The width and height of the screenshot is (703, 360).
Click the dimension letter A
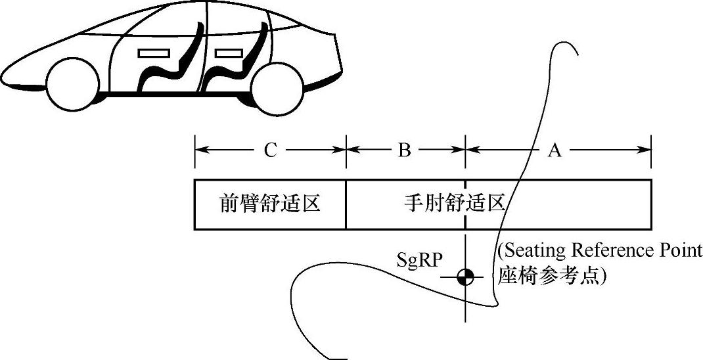(555, 150)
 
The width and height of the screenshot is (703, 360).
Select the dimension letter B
(405, 150)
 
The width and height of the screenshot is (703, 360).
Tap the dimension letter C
(269, 150)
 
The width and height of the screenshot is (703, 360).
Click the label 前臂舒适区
(269, 204)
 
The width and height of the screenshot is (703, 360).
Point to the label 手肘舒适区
(454, 204)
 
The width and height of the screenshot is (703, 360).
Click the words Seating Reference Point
(600, 251)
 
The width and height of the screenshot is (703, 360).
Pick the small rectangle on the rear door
(228, 51)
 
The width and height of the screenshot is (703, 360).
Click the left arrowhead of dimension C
(200, 150)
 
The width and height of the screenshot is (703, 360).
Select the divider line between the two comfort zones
(346, 204)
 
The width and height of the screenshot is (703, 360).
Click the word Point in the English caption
(681, 251)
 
